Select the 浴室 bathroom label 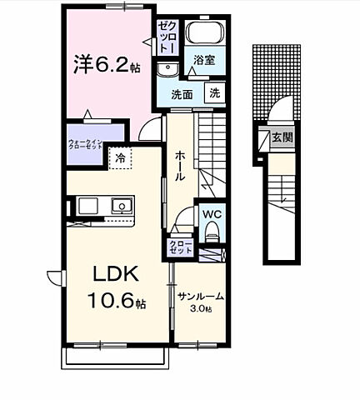(205, 61)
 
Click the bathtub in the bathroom (205, 32)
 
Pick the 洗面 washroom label (182, 95)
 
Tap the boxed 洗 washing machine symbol (216, 95)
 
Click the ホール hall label (180, 166)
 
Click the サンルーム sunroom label (201, 297)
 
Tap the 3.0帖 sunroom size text (201, 310)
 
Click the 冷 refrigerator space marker (120, 157)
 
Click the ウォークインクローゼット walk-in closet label (85, 143)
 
